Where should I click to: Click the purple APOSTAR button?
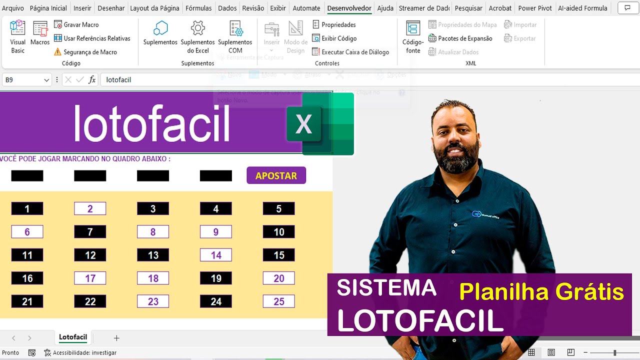point(276,175)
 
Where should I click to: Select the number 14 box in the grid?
point(216,255)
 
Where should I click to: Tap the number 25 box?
point(278,301)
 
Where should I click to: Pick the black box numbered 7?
point(90,232)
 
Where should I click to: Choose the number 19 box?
point(216,278)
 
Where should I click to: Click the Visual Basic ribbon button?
point(17,36)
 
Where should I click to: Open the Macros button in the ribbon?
point(40,34)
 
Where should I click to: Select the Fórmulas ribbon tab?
point(198,8)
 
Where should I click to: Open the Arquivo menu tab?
point(13,8)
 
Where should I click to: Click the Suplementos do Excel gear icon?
point(198,28)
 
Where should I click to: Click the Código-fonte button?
point(413,37)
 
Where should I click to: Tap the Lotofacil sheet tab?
point(73,337)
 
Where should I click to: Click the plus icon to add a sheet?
point(116,338)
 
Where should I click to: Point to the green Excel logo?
point(320,124)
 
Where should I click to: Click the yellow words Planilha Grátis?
point(541,292)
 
